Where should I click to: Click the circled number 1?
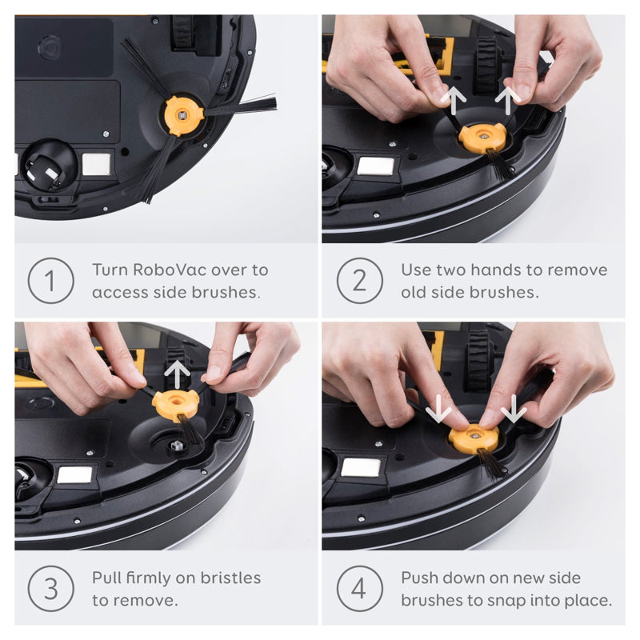click(50, 281)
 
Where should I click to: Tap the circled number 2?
click(359, 281)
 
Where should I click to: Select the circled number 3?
click(50, 589)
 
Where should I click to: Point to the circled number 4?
click(359, 589)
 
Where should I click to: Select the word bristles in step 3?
click(230, 578)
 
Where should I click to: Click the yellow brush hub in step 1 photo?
click(182, 115)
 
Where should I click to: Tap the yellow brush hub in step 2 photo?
click(483, 138)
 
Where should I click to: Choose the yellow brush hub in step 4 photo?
click(474, 438)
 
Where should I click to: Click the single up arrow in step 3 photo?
click(177, 375)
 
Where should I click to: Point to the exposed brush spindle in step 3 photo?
click(176, 446)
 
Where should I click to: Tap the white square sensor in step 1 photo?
click(96, 165)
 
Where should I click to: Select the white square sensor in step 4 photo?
click(361, 467)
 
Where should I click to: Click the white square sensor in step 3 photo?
click(74, 475)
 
